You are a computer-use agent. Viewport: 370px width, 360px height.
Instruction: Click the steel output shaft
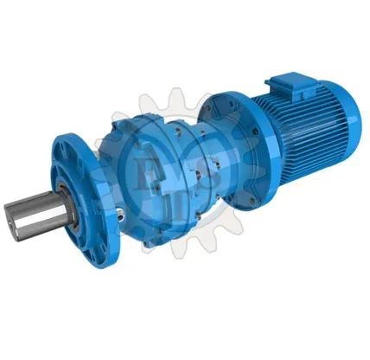click(35, 211)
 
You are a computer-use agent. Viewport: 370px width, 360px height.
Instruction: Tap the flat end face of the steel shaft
click(15, 219)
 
